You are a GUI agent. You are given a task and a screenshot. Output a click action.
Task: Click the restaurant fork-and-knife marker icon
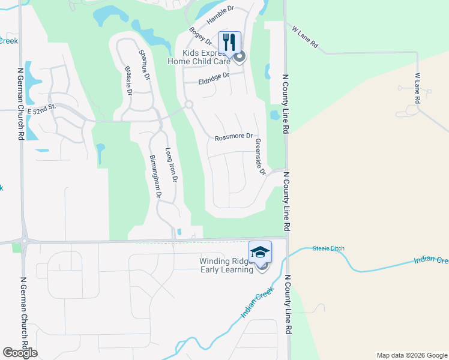(229, 42)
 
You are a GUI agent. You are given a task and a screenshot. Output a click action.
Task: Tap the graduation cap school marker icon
(261, 251)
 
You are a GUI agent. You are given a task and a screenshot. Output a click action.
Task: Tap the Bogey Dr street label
(200, 37)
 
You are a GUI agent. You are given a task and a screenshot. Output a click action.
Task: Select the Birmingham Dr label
(155, 178)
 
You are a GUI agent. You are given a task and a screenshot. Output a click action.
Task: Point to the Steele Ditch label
(328, 248)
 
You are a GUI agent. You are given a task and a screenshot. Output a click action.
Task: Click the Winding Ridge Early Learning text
(226, 265)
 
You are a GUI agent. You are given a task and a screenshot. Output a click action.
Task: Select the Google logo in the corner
(20, 353)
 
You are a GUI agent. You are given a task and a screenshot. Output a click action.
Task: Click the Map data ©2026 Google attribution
(411, 355)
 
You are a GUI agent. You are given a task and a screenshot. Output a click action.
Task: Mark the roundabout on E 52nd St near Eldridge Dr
(188, 105)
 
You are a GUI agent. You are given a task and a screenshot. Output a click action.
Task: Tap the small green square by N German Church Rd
(16, 247)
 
